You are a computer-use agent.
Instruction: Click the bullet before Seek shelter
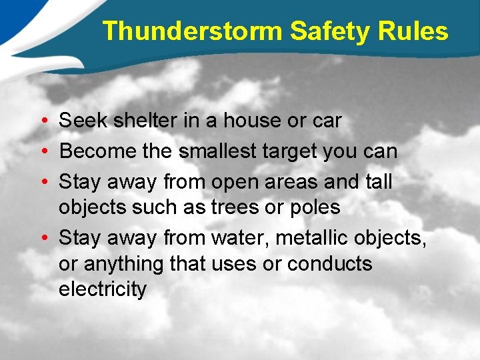(x=42, y=121)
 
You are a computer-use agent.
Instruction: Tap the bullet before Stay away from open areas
(x=42, y=182)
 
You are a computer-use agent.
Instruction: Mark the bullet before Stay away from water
(x=42, y=238)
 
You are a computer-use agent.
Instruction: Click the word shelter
(x=145, y=121)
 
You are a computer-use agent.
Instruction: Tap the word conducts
(x=330, y=264)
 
